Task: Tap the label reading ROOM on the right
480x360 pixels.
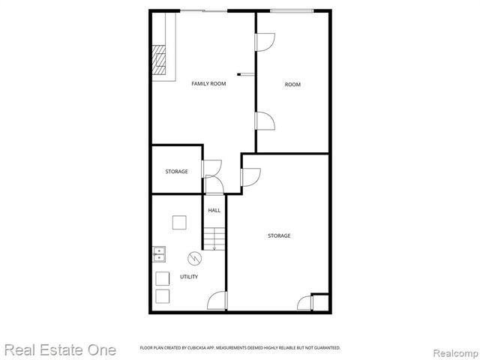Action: click(x=292, y=85)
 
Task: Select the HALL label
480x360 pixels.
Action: click(x=214, y=211)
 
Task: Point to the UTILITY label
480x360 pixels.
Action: click(x=189, y=277)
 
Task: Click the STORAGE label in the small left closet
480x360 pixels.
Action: click(x=176, y=172)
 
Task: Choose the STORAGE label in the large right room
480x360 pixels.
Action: click(x=279, y=235)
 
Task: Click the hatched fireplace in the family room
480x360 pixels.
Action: click(x=158, y=61)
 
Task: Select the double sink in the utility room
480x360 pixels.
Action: click(x=159, y=254)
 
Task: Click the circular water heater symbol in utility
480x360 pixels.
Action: click(x=193, y=258)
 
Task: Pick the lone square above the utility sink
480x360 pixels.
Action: click(x=179, y=223)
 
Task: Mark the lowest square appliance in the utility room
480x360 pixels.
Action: click(x=162, y=295)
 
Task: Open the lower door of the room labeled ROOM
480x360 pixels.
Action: click(x=265, y=120)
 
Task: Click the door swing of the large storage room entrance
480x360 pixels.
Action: click(x=250, y=177)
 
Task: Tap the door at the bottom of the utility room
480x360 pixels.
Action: click(x=217, y=301)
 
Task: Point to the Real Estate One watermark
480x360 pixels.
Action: click(x=59, y=349)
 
